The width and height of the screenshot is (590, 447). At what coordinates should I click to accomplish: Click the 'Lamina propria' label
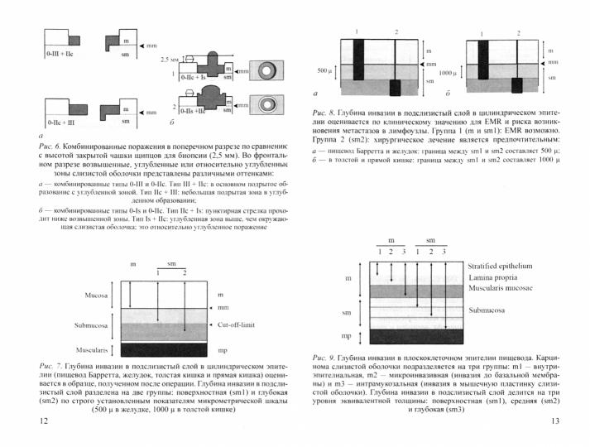click(x=491, y=278)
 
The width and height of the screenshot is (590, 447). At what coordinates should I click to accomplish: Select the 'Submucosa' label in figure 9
click(x=488, y=311)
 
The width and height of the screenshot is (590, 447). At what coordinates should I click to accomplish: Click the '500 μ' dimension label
click(x=324, y=70)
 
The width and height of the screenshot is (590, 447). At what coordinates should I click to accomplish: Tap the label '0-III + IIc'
click(x=63, y=52)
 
